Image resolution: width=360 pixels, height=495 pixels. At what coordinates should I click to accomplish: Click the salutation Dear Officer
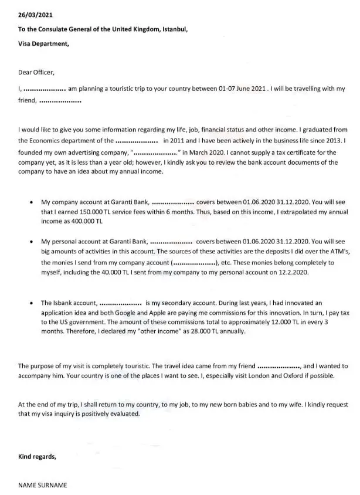pyautogui.click(x=36, y=72)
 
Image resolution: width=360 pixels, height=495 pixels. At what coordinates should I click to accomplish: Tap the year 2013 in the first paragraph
pyautogui.click(x=318, y=141)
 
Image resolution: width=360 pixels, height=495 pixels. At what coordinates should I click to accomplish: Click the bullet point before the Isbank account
pyautogui.click(x=30, y=304)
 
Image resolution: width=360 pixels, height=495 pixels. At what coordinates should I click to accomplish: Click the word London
pyautogui.click(x=244, y=375)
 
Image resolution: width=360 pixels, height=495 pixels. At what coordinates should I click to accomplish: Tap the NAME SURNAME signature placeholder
pyautogui.click(x=43, y=485)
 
